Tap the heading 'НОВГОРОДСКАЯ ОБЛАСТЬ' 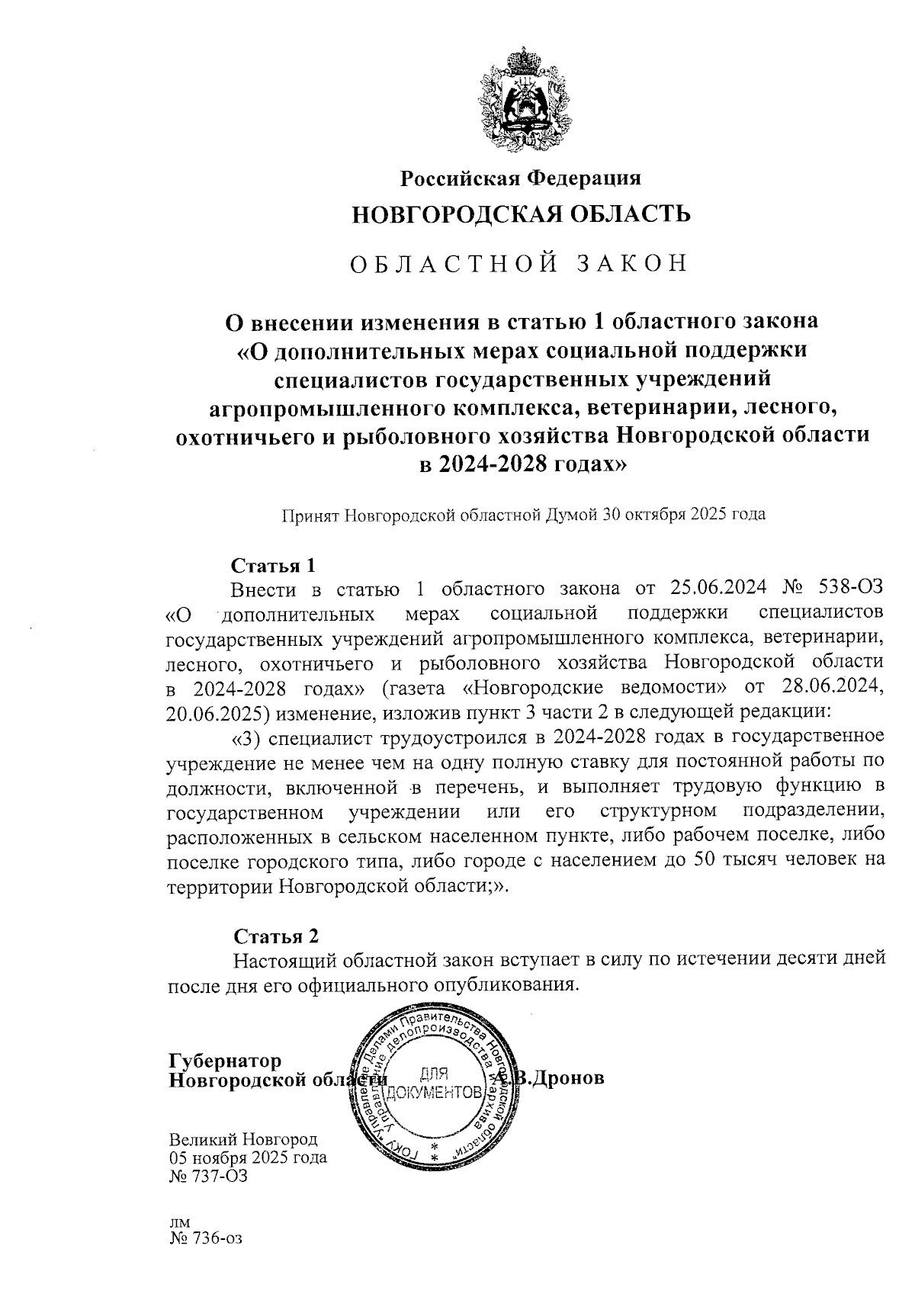[521, 214]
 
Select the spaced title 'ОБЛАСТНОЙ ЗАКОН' [518, 263]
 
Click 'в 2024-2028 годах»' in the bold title [522, 463]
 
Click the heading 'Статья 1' [273, 566]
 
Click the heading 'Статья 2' [275, 936]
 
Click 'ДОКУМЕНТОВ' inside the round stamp [435, 1093]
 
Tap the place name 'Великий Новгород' [242, 1140]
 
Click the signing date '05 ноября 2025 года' [248, 1158]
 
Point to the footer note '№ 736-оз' [205, 1238]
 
